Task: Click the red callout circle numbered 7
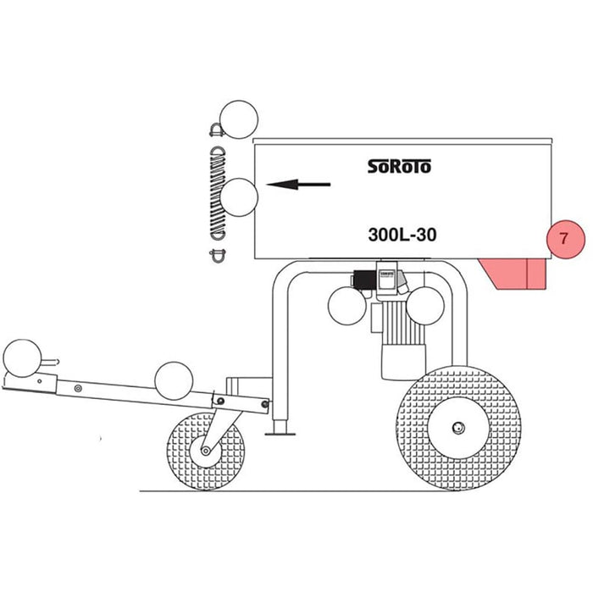pos(565,239)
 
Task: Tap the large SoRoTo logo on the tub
pos(399,166)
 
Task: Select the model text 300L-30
pos(402,235)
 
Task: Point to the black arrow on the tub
pos(298,185)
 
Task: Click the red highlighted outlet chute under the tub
pos(513,274)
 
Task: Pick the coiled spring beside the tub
pos(219,193)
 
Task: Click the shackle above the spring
pos(216,130)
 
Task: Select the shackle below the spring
pos(218,256)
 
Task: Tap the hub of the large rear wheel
pos(458,428)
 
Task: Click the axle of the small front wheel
pos(205,451)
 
